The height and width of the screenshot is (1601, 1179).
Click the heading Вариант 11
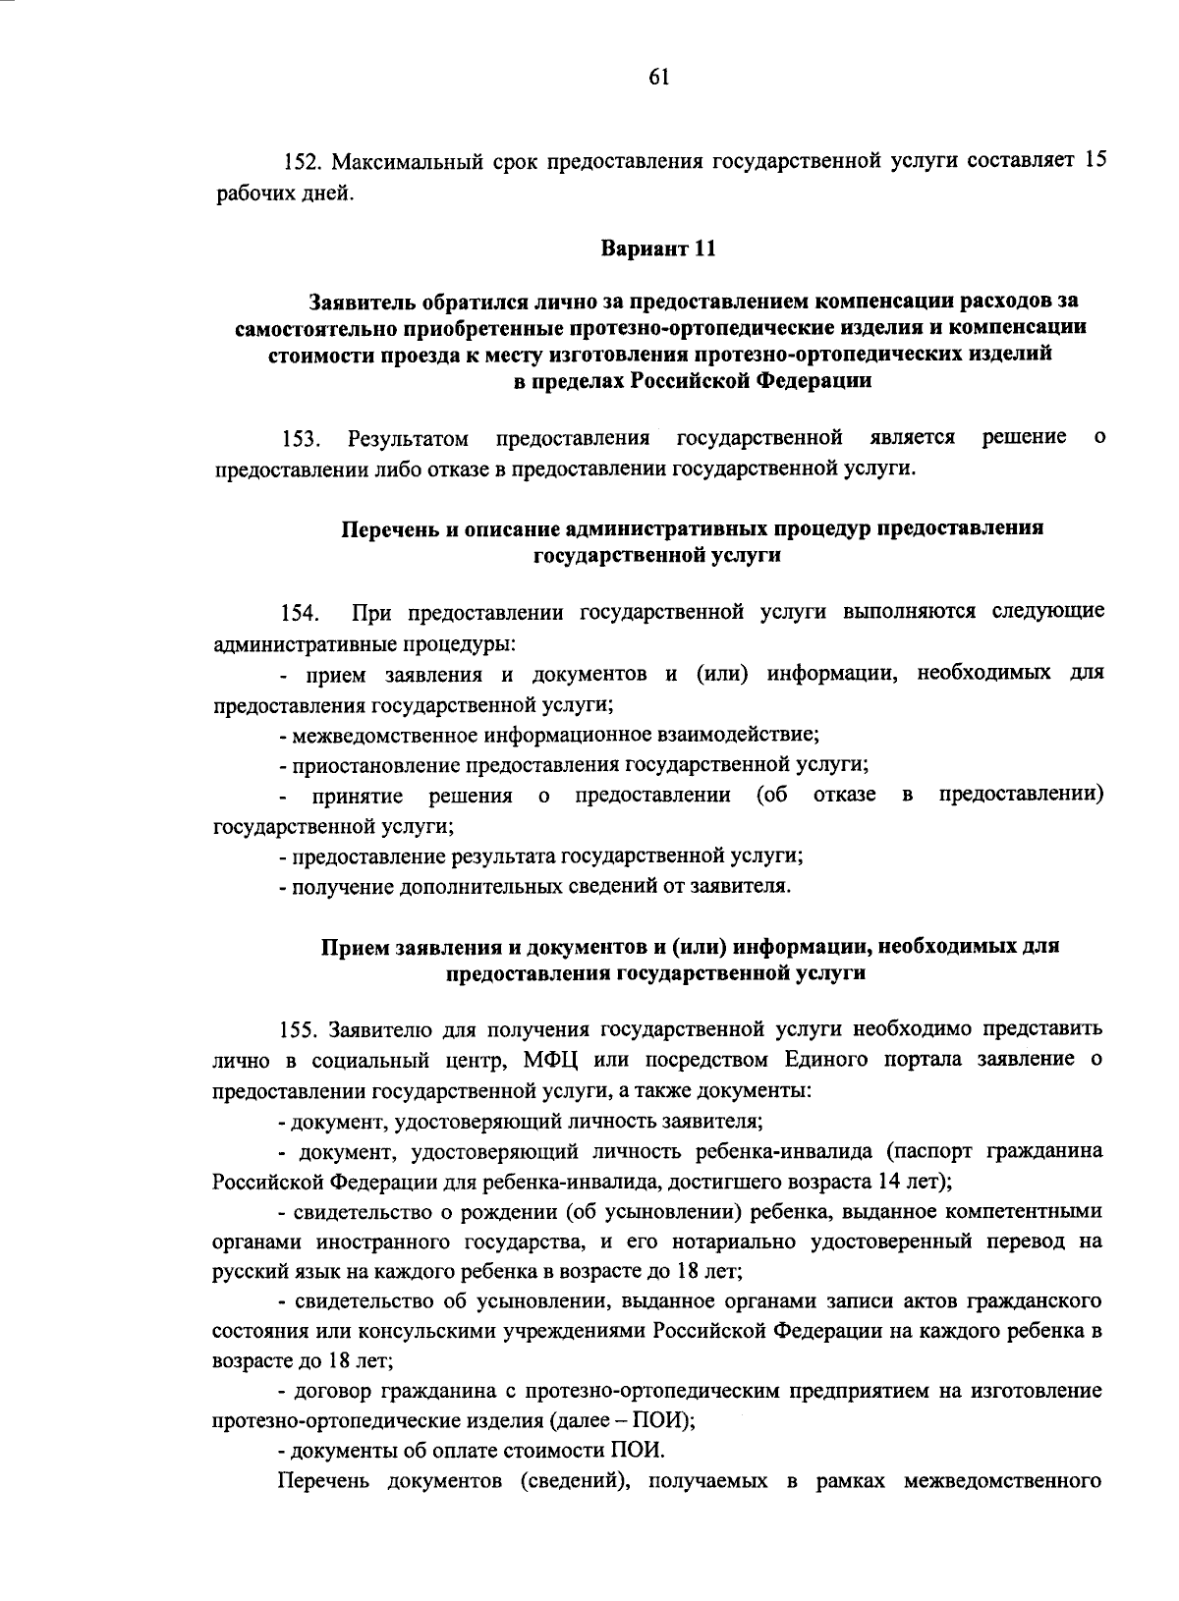click(x=658, y=248)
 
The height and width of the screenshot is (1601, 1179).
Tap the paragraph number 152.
click(x=300, y=161)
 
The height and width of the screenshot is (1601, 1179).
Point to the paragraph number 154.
click(x=299, y=615)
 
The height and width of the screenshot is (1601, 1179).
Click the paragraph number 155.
click(x=299, y=1030)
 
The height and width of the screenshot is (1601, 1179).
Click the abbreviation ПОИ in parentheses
click(x=669, y=1421)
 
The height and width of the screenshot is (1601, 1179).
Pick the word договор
click(x=333, y=1392)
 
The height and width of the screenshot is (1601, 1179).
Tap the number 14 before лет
click(x=890, y=1181)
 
